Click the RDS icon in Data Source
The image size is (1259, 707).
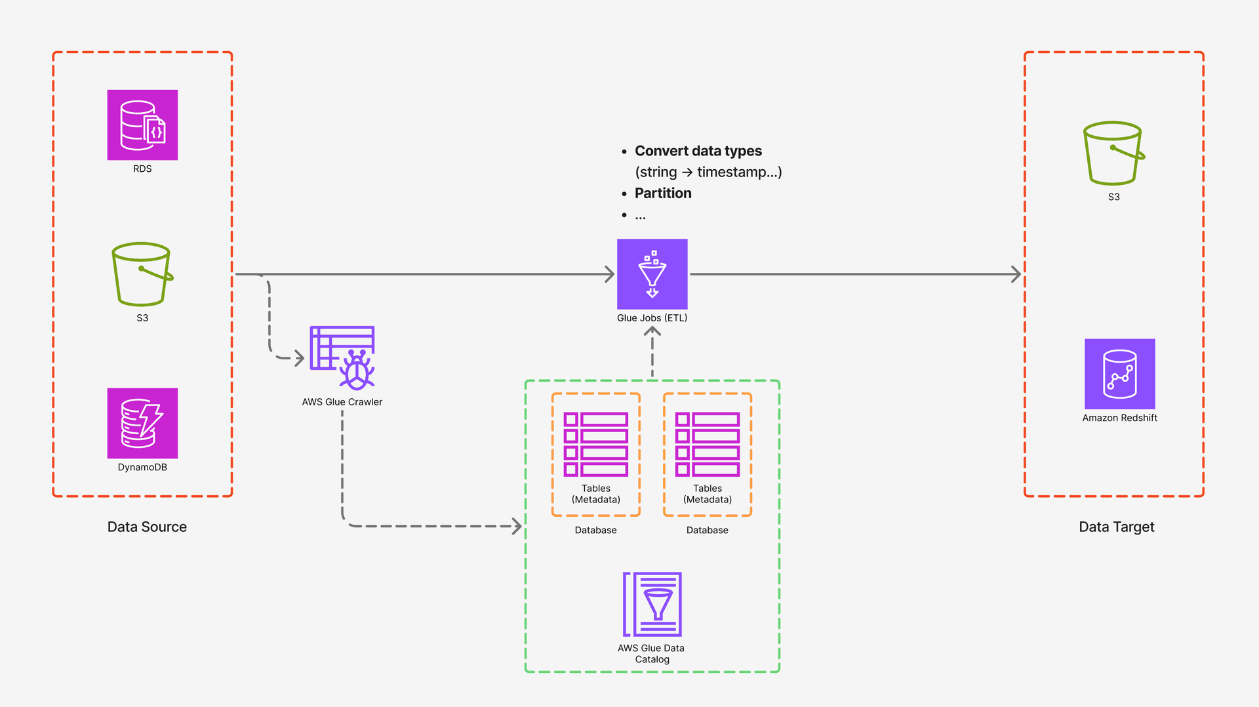pyautogui.click(x=142, y=125)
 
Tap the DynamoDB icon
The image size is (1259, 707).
pyautogui.click(x=142, y=423)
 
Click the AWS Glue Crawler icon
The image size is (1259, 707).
pyautogui.click(x=342, y=357)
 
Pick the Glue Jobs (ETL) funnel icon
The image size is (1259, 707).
pyautogui.click(x=652, y=274)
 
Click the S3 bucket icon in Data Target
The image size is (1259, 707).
pyautogui.click(x=1113, y=153)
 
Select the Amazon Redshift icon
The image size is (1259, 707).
pyautogui.click(x=1119, y=374)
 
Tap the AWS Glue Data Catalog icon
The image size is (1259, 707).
pyautogui.click(x=652, y=604)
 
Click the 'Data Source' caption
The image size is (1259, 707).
pyautogui.click(x=147, y=527)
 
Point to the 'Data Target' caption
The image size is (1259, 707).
pyautogui.click(x=1116, y=527)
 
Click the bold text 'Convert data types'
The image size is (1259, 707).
pyautogui.click(x=698, y=151)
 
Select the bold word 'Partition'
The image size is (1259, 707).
pyautogui.click(x=662, y=193)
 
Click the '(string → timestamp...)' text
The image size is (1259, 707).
pyautogui.click(x=708, y=172)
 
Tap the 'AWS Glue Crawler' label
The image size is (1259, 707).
pyautogui.click(x=342, y=402)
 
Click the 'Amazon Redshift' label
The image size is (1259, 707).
pyautogui.click(x=1119, y=418)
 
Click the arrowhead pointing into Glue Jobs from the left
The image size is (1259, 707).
pyautogui.click(x=610, y=274)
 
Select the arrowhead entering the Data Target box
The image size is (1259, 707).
pyautogui.click(x=1016, y=274)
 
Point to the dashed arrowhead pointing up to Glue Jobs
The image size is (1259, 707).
pyautogui.click(x=652, y=332)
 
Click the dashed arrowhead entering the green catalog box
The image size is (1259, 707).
pyautogui.click(x=517, y=526)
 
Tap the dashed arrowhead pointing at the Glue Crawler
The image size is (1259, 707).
pyautogui.click(x=300, y=358)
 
